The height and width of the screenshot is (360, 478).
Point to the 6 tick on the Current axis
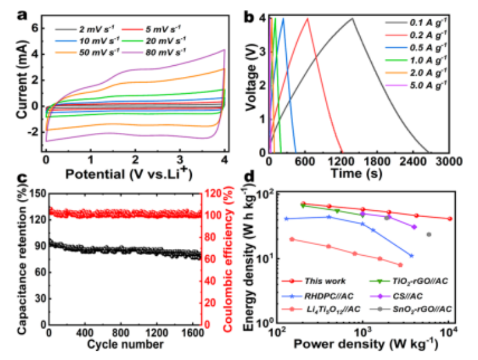[x=35, y=28]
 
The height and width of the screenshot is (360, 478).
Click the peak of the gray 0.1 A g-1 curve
[x=352, y=19]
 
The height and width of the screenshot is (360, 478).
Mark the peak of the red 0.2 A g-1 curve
[x=307, y=19]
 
